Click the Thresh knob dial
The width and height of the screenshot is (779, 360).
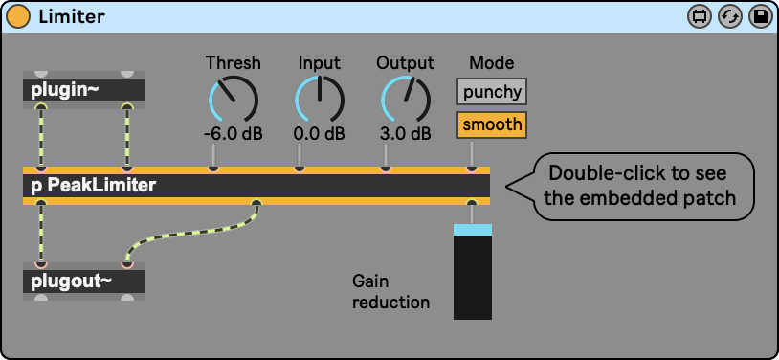click(x=234, y=99)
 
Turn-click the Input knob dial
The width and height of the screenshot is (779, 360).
click(x=320, y=99)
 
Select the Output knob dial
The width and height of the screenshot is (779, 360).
click(x=406, y=99)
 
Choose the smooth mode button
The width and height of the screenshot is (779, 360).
click(x=492, y=124)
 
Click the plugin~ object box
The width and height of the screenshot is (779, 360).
click(x=84, y=90)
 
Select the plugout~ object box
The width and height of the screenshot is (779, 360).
click(x=84, y=281)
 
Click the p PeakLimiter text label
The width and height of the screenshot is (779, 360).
click(x=94, y=186)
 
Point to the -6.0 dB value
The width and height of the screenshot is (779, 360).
click(x=233, y=134)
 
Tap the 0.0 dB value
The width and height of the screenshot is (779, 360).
click(x=320, y=134)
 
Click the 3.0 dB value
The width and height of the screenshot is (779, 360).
click(x=406, y=134)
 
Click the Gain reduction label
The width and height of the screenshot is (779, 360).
click(x=391, y=292)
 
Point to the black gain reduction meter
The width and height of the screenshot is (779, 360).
click(x=473, y=278)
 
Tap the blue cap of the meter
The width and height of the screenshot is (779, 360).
click(x=473, y=229)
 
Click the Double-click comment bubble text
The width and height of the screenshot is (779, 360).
click(x=639, y=186)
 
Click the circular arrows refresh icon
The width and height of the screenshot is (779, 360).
click(x=730, y=17)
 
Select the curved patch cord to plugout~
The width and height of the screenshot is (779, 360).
click(x=191, y=233)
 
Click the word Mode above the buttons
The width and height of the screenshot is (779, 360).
click(x=492, y=63)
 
